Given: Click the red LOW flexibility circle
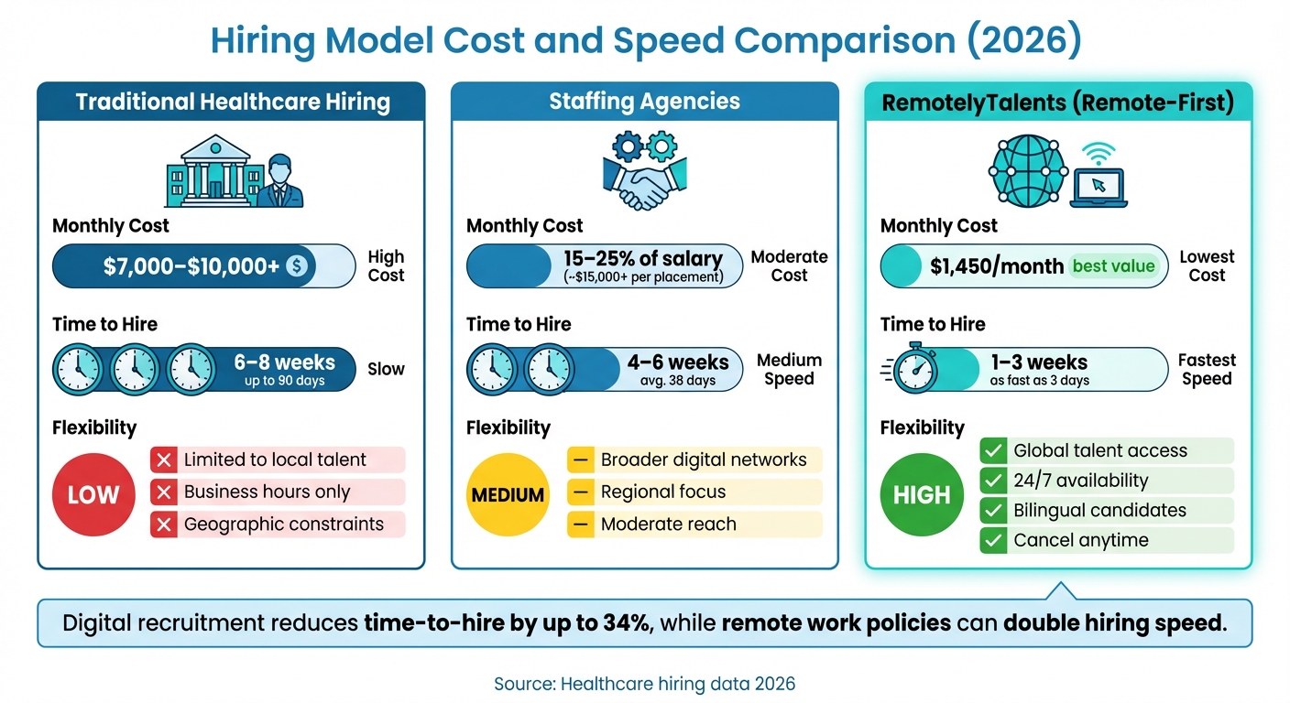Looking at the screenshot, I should tap(93, 495).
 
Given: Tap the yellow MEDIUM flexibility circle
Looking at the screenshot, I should tap(508, 495).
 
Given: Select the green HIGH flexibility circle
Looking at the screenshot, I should tap(922, 495).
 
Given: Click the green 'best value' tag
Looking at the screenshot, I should tap(1114, 266).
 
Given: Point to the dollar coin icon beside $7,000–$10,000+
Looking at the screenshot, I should tap(299, 266).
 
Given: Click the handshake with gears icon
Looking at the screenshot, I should tap(644, 172).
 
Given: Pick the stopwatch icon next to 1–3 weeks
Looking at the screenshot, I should tap(916, 370).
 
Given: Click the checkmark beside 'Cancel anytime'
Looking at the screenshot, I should tap(992, 541).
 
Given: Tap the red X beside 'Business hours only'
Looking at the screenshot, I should tap(164, 492).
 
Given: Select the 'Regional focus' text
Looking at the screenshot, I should tap(662, 492).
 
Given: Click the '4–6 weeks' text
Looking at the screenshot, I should tap(679, 362).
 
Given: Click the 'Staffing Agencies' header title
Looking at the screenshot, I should tap(644, 102).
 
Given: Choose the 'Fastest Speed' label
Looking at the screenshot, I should tap(1207, 370).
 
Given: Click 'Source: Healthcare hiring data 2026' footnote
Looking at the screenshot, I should tap(644, 684).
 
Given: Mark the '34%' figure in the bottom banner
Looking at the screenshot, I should tap(629, 623).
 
